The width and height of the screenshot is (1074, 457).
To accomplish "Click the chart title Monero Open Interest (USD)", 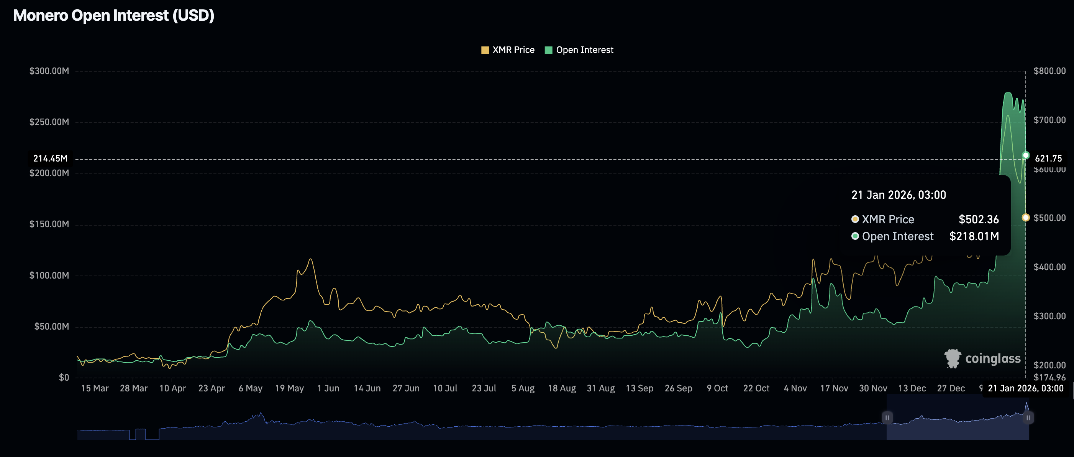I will [x=113, y=15].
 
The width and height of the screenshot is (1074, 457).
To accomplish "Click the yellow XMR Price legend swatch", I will [x=485, y=50].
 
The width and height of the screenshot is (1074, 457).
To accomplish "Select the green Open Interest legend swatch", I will [x=548, y=50].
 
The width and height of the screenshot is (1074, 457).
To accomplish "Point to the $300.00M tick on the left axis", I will [x=49, y=71].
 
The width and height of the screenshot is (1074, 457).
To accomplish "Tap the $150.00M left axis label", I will [x=49, y=224].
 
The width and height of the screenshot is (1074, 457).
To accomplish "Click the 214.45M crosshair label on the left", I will [x=50, y=158].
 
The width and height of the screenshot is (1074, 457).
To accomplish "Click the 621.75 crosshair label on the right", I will [x=1048, y=158].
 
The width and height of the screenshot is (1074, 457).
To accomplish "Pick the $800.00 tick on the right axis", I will [x=1049, y=71].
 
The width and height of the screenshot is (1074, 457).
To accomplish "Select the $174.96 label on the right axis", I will [x=1049, y=377].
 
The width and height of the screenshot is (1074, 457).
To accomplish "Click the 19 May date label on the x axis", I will [x=289, y=389].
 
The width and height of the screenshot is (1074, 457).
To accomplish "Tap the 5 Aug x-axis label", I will [x=523, y=389].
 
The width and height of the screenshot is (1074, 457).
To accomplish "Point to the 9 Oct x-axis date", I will [x=717, y=389].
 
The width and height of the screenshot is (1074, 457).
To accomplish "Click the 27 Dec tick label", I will [x=951, y=389].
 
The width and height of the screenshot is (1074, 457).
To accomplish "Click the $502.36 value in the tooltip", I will [x=979, y=219].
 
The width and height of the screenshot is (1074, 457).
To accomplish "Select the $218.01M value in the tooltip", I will [x=974, y=237].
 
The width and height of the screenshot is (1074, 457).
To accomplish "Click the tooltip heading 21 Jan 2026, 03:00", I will [x=899, y=195].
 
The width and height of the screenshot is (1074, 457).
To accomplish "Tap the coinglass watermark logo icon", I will [x=953, y=358].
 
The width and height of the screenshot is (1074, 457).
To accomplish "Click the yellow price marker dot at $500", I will [x=1026, y=218].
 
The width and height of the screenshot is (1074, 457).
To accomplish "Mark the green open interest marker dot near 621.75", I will [x=1026, y=156].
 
